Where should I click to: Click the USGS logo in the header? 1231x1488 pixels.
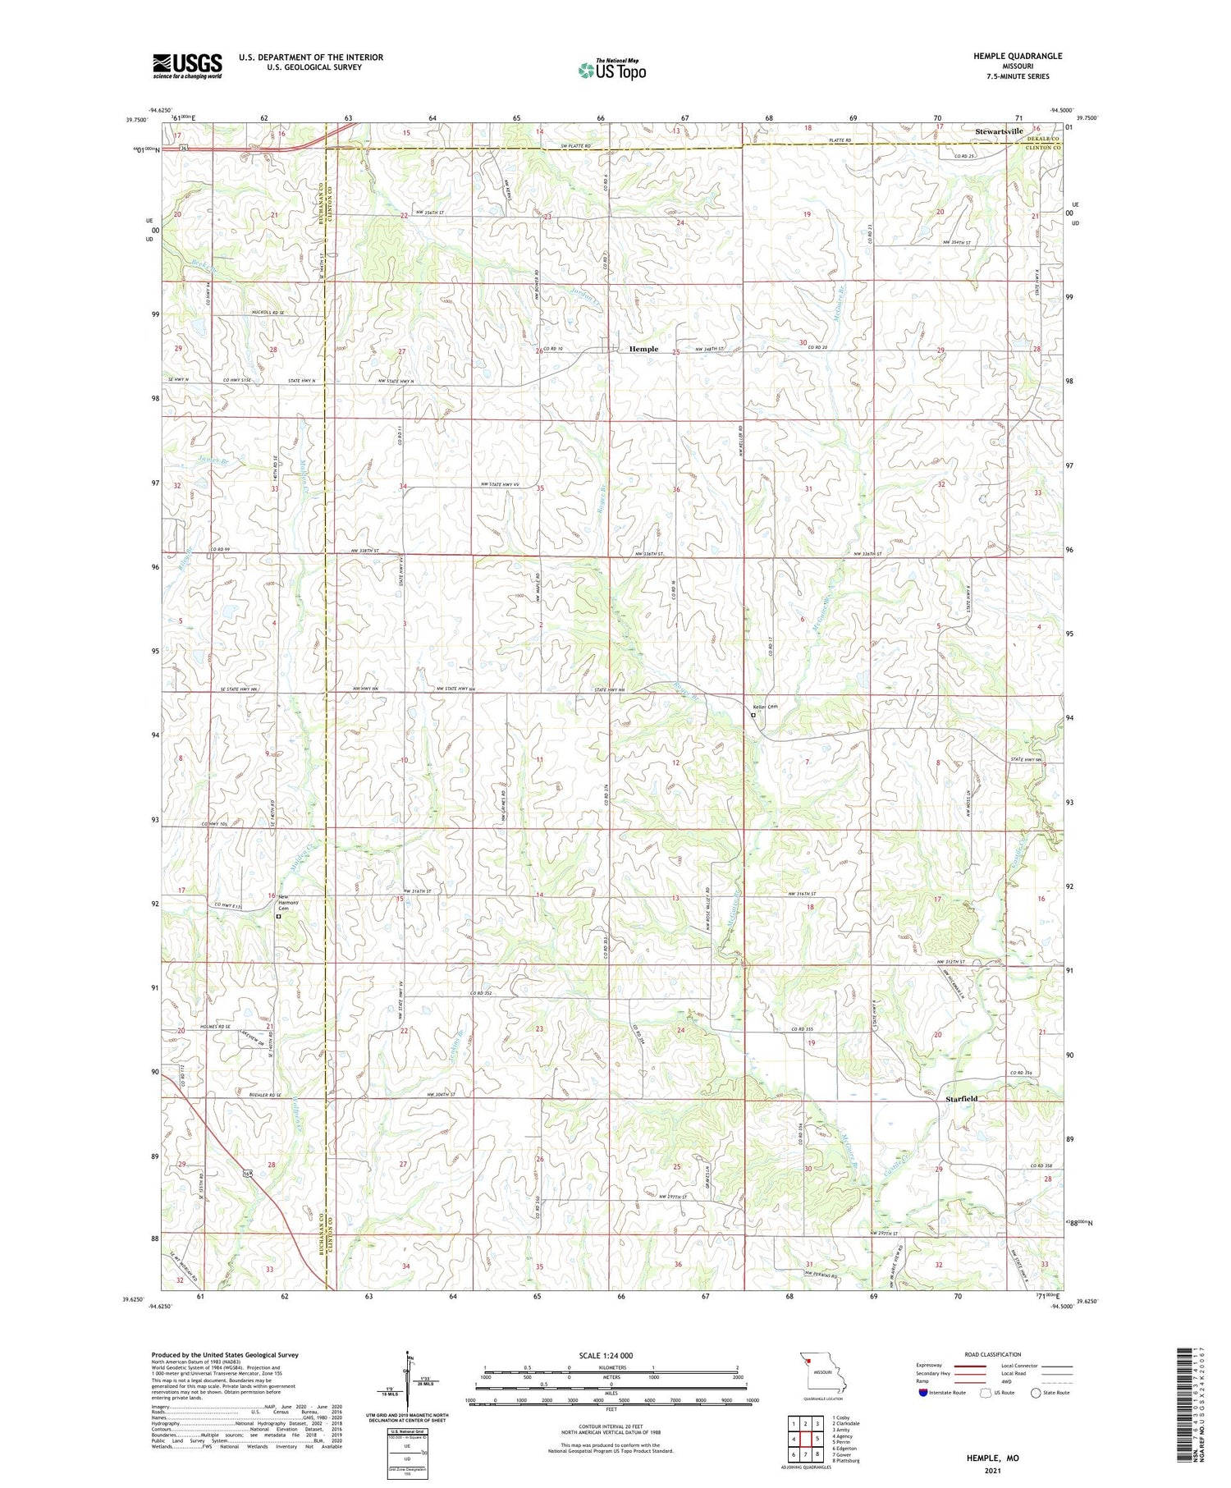187,66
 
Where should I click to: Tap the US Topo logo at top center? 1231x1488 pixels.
611,70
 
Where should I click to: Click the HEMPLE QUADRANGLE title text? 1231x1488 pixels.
1018,56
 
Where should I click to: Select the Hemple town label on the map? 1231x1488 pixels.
643,349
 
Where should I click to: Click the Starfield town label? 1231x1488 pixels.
961,1098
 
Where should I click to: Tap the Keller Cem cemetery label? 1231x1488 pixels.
765,707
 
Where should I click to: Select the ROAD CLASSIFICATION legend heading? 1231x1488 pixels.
992,1354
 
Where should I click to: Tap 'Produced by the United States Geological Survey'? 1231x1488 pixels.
225,1355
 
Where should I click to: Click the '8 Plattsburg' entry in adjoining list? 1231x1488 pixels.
847,1461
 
